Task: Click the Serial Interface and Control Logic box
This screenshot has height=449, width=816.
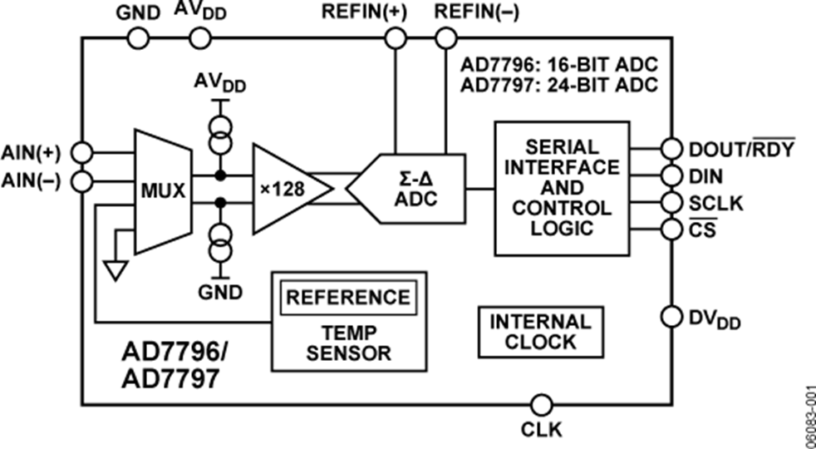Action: coord(561,187)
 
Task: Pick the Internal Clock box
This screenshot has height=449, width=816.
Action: coord(540,330)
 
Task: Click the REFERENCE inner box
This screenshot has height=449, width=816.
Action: coord(348,297)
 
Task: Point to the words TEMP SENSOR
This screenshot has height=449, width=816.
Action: coord(348,342)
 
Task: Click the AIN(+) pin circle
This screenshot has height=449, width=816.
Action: coord(81,152)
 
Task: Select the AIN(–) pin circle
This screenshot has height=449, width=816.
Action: coord(81,180)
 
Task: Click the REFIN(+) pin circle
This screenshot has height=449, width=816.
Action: coord(395,37)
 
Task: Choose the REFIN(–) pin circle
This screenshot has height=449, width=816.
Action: coord(446,37)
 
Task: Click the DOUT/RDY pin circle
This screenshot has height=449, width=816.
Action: coord(671,149)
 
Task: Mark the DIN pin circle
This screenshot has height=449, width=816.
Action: coord(671,175)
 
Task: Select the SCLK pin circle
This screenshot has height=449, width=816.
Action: coord(671,202)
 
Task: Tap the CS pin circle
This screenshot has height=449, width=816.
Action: coord(671,228)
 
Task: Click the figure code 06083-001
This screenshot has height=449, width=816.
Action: coord(807,412)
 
